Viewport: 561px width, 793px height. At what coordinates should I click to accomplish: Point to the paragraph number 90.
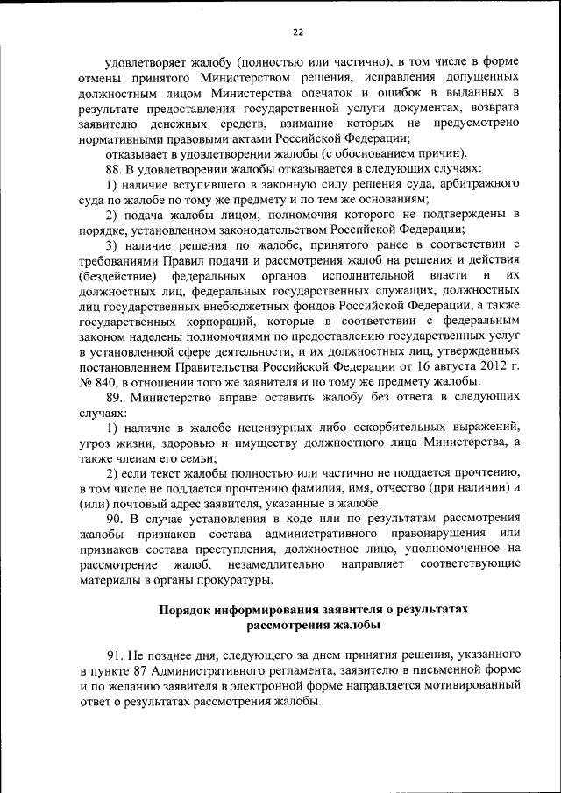(112, 518)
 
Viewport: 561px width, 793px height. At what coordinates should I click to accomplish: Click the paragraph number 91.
(112, 655)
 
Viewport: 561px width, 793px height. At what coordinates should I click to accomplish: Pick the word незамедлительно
(280, 563)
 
